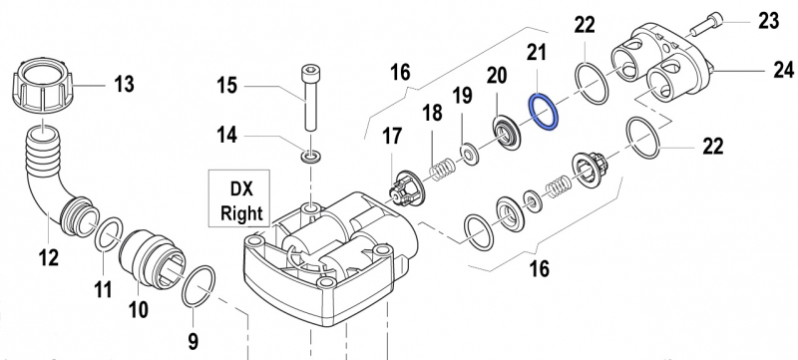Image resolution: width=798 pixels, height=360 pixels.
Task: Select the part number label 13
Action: [123, 84]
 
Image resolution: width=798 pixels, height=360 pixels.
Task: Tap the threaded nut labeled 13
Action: [43, 87]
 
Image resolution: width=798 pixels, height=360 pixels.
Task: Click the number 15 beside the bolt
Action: [227, 85]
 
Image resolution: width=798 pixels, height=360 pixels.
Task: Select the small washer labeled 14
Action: [310, 157]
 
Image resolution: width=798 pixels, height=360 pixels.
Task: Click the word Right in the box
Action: [241, 213]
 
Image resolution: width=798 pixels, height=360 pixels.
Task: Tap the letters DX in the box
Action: [241, 189]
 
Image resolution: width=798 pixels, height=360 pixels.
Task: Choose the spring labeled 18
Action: [442, 170]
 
